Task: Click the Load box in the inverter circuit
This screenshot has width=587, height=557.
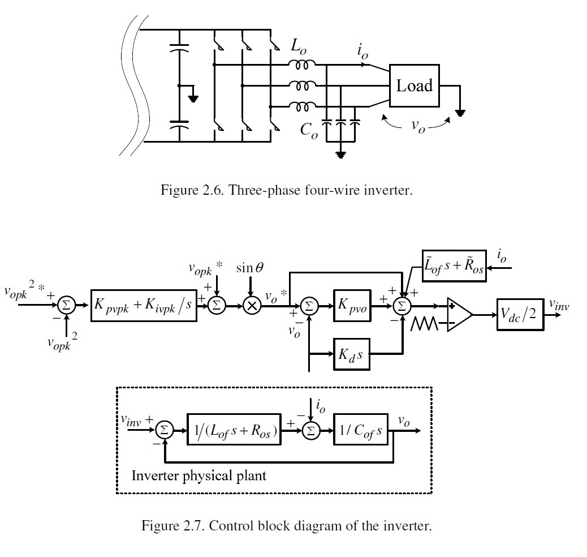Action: (x=414, y=87)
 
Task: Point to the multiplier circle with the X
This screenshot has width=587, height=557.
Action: (x=249, y=305)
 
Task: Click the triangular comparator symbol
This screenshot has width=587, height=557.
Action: (x=458, y=314)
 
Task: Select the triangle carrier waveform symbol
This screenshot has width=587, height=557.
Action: (x=425, y=325)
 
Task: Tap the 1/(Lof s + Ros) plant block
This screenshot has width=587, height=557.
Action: (x=234, y=431)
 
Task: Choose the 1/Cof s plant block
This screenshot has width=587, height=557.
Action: (x=361, y=431)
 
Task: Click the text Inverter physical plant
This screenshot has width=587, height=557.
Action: (x=198, y=475)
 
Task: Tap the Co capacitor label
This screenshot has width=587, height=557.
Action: (x=309, y=130)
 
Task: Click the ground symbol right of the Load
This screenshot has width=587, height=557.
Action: (x=461, y=112)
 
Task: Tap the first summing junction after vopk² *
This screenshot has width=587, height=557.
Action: (x=65, y=305)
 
